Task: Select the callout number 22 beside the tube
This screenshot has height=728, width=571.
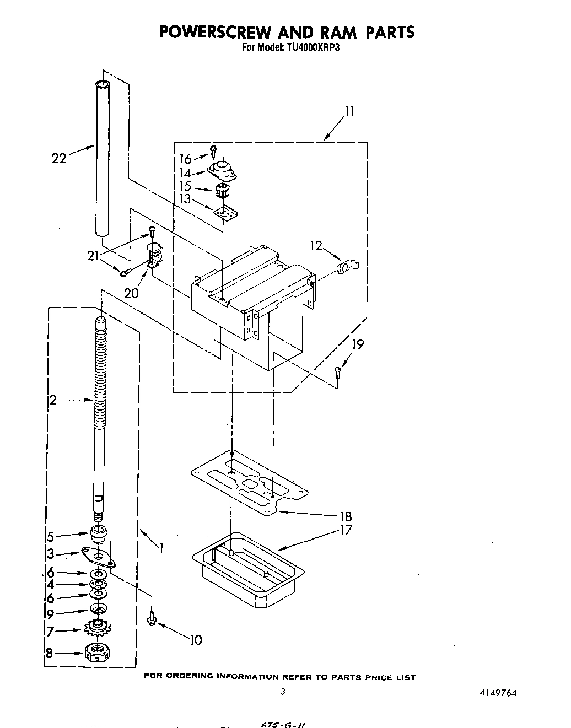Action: pos(58,159)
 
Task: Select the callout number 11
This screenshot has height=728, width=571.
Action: pos(348,111)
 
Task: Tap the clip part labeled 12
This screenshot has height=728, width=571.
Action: pos(347,268)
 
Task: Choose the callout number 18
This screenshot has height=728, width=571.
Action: pos(346,517)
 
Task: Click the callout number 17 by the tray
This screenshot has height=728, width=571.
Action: pos(346,531)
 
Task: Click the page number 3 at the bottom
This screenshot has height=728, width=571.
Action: pos(282,692)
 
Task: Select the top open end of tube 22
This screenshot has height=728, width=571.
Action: pos(102,84)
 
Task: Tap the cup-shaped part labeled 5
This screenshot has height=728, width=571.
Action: pos(98,533)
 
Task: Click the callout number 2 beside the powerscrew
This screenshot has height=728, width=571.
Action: pos(53,400)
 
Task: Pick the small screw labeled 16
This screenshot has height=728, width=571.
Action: pos(213,149)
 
